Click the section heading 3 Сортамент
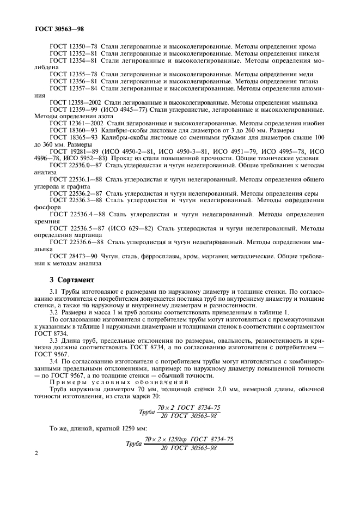tap(72, 280)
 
